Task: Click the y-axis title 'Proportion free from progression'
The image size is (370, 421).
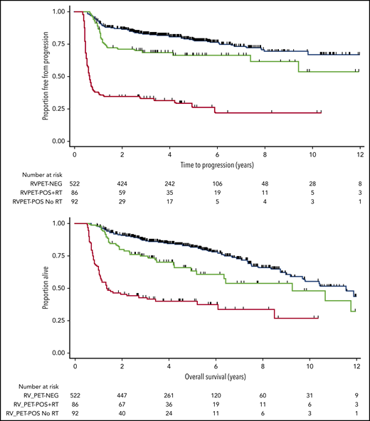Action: [x=44, y=77]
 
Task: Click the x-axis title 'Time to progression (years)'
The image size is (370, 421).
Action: [x=217, y=166]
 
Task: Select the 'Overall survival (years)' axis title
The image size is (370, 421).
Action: [x=217, y=374]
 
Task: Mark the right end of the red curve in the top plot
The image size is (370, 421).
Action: [x=322, y=112]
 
